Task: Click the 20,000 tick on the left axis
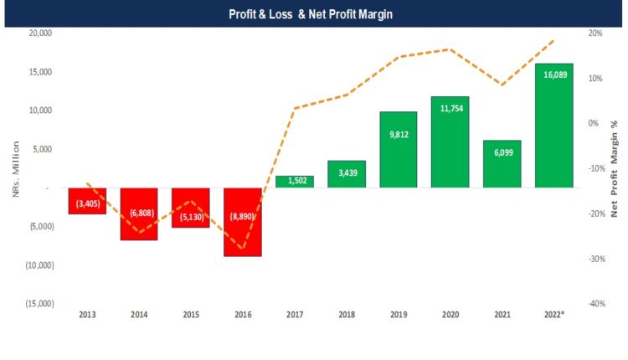40,33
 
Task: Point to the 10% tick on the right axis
595,79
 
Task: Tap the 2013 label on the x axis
87,316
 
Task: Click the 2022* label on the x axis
553,316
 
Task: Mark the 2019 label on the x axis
398,316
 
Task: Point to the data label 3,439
346,172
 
